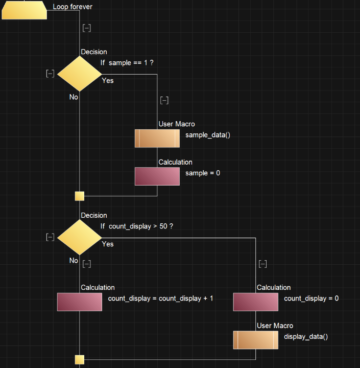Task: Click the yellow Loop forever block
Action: [x=24, y=10]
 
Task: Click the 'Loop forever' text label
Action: [x=73, y=7]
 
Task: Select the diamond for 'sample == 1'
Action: [x=79, y=74]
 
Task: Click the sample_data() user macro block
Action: [x=157, y=138]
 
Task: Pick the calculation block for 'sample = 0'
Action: [x=157, y=176]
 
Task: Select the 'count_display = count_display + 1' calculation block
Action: [x=79, y=302]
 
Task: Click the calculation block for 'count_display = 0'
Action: [x=255, y=302]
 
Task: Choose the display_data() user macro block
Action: [x=255, y=340]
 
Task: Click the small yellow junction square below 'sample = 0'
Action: [x=79, y=196]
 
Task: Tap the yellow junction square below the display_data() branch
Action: [x=79, y=359]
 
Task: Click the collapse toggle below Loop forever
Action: [x=87, y=28]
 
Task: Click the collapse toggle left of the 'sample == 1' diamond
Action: [x=50, y=74]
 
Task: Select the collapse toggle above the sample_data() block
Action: [x=164, y=100]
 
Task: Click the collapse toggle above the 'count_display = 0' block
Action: [x=263, y=264]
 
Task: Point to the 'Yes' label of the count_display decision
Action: [x=108, y=244]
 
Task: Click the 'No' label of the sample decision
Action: [x=74, y=97]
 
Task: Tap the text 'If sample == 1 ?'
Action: [x=127, y=63]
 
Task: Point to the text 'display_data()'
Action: [x=305, y=336]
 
